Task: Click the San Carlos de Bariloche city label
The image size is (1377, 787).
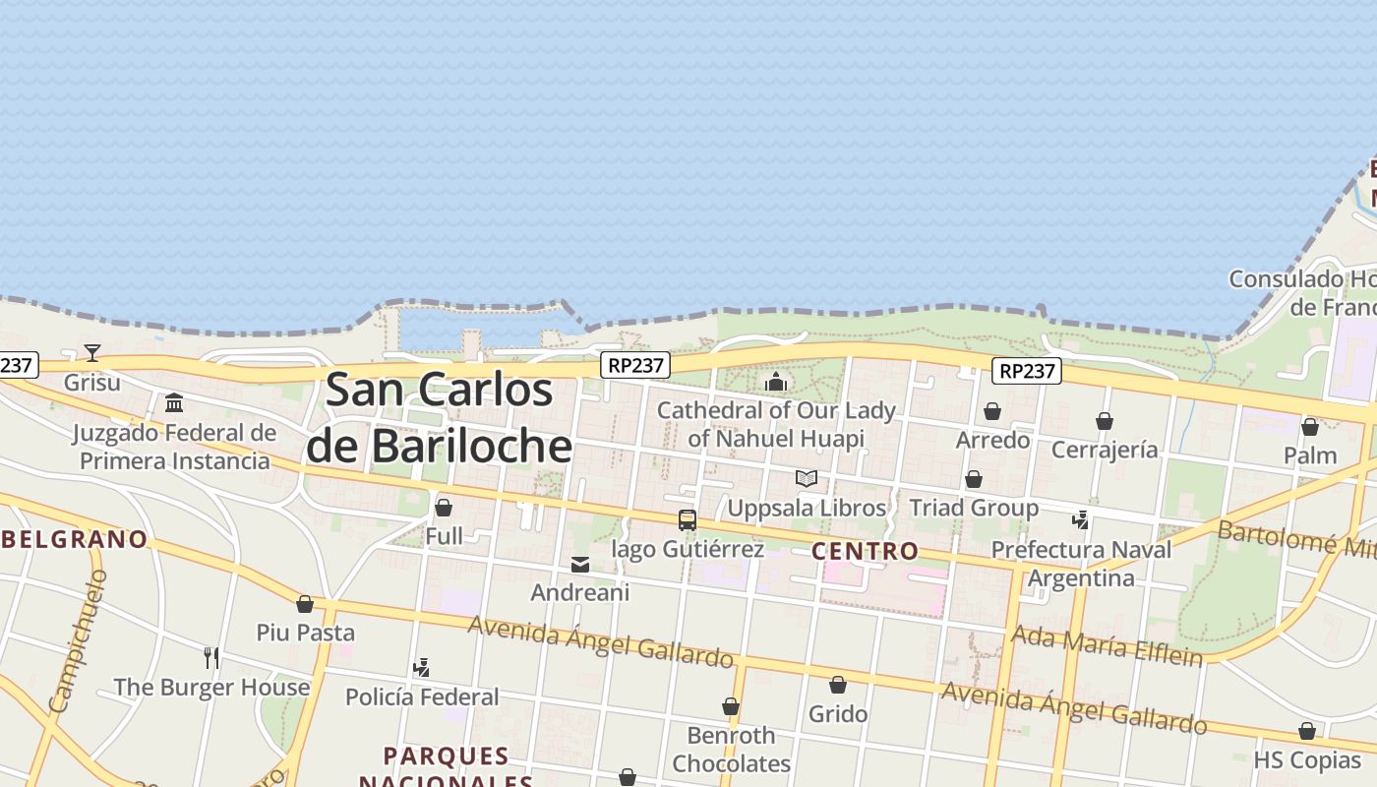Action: point(439,418)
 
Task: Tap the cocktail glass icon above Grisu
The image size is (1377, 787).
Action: point(92,352)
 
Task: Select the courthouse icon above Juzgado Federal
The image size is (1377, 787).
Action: point(175,402)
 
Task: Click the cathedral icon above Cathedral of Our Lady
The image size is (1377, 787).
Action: point(776,382)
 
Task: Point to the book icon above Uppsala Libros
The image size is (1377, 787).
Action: point(807,478)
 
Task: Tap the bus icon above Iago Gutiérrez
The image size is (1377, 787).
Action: point(688,519)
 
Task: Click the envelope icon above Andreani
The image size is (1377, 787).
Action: point(580,565)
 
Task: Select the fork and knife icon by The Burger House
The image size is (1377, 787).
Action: point(211,657)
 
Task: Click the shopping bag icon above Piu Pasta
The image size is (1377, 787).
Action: point(305,603)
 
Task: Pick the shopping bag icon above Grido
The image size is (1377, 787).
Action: point(838,684)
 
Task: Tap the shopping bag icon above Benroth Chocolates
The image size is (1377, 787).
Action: point(731,706)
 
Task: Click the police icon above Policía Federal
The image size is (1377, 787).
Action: point(422,668)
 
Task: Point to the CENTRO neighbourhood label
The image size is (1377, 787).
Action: point(866,551)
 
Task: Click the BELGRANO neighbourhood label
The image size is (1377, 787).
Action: point(75,539)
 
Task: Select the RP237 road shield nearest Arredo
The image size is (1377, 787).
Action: point(1026,371)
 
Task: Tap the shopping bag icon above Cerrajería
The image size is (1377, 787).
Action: point(1105,421)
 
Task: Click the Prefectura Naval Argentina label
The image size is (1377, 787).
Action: point(1081,564)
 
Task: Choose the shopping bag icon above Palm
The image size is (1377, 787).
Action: point(1310,427)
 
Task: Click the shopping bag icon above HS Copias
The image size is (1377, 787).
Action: point(1307,731)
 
